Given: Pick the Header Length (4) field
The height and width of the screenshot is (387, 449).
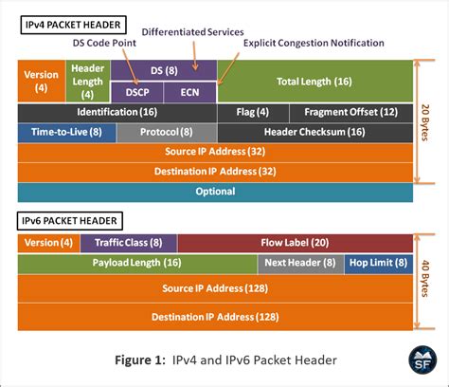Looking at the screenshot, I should pyautogui.click(x=88, y=82).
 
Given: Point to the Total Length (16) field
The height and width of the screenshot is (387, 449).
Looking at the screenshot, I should pyautogui.click(x=315, y=82).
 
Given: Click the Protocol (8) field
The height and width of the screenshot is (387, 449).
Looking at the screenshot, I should pyautogui.click(x=167, y=133).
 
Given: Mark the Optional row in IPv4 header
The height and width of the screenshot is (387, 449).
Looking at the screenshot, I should pyautogui.click(x=216, y=192).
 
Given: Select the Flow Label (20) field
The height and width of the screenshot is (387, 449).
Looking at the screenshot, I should pyautogui.click(x=295, y=243).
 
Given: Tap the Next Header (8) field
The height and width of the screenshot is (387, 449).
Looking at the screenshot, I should pyautogui.click(x=299, y=264).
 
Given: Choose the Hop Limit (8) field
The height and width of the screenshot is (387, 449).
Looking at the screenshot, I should pyautogui.click(x=377, y=264).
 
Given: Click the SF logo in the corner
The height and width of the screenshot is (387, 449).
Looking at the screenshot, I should pyautogui.click(x=422, y=360).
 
